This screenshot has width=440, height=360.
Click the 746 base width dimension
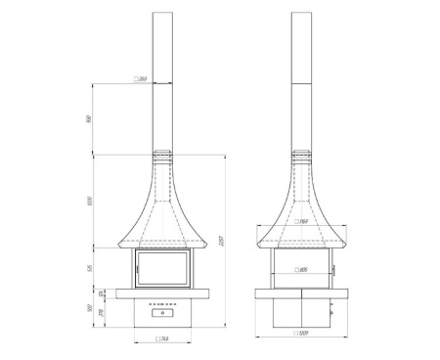165,339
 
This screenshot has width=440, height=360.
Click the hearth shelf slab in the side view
303,292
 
